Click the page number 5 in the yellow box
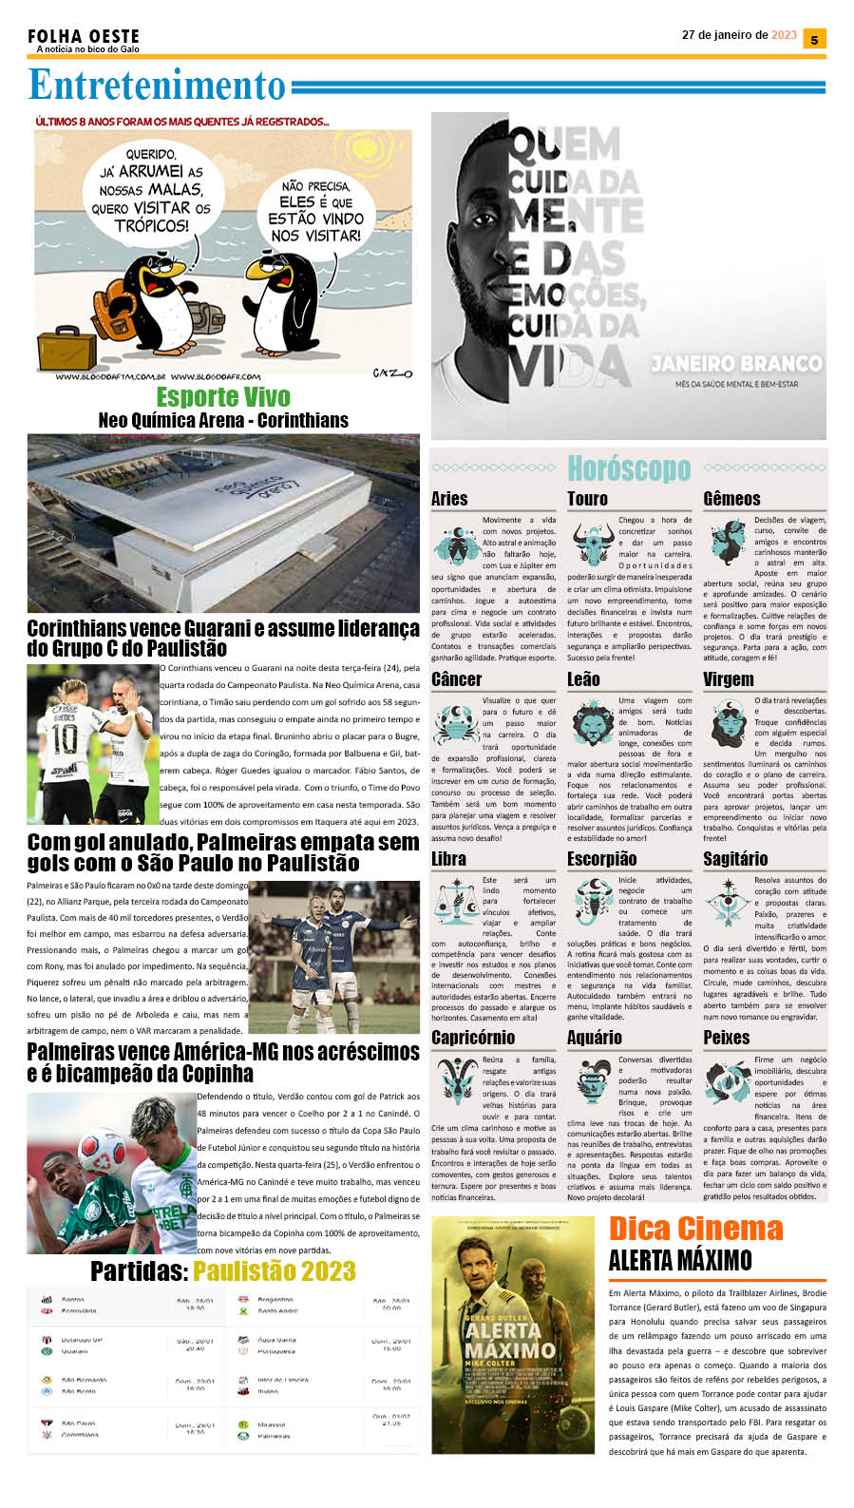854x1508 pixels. (x=814, y=39)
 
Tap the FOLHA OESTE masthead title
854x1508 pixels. (x=84, y=36)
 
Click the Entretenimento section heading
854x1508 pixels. (x=157, y=86)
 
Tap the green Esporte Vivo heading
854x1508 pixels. (x=223, y=396)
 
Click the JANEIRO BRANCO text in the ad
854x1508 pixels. (x=736, y=364)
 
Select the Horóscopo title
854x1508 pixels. (x=629, y=468)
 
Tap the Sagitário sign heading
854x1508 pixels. (x=735, y=859)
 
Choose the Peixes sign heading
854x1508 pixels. (x=727, y=1038)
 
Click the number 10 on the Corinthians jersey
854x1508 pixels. (x=64, y=738)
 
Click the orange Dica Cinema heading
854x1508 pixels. (x=695, y=1229)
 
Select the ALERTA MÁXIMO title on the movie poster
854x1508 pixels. (x=510, y=1340)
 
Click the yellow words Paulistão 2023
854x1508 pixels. (x=275, y=1271)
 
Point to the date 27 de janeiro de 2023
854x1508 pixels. (x=739, y=35)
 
